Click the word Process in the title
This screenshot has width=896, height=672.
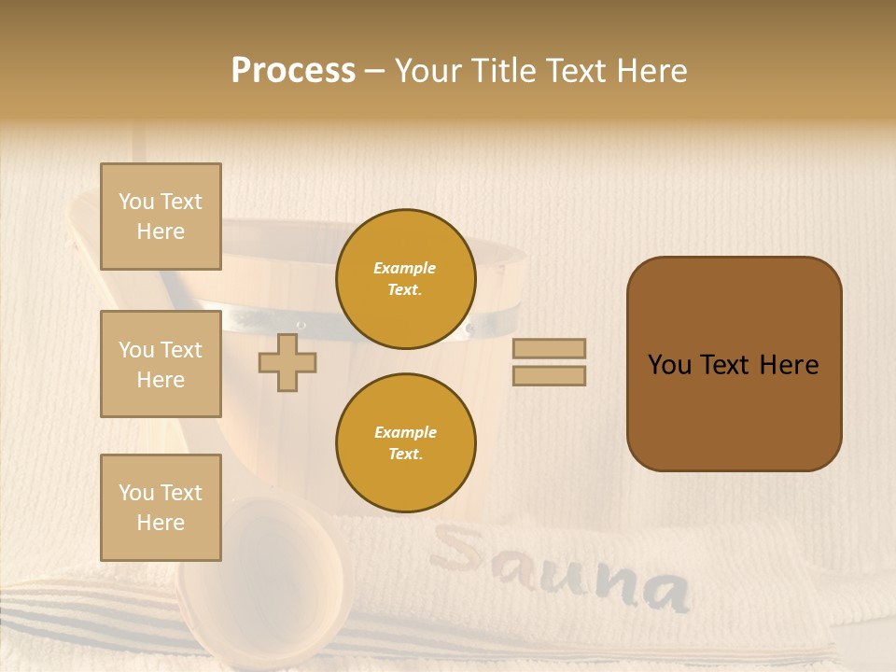[x=293, y=71]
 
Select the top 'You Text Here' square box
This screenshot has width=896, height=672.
[x=161, y=217]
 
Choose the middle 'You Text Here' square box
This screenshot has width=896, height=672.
[x=161, y=364]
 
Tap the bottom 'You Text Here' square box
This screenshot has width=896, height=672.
[x=161, y=508]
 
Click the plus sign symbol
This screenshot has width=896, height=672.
[x=287, y=363]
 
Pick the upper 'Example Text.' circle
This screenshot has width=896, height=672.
[x=405, y=279]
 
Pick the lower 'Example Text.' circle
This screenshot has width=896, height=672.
[x=405, y=443]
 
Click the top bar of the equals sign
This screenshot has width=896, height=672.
[x=549, y=348]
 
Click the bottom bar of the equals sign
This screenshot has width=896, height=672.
[x=549, y=376]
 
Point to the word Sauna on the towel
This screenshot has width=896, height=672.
[x=560, y=569]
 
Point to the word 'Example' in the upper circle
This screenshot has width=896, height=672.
[x=405, y=269]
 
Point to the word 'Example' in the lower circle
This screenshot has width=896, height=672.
[x=405, y=433]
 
